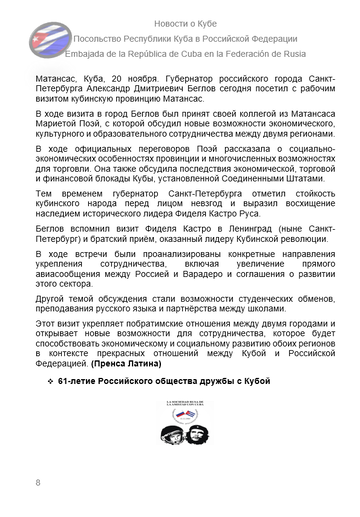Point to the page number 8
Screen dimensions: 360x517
37,483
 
